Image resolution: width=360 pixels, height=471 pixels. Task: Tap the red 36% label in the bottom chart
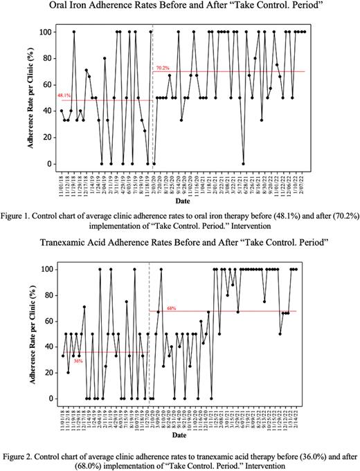(78, 361)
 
